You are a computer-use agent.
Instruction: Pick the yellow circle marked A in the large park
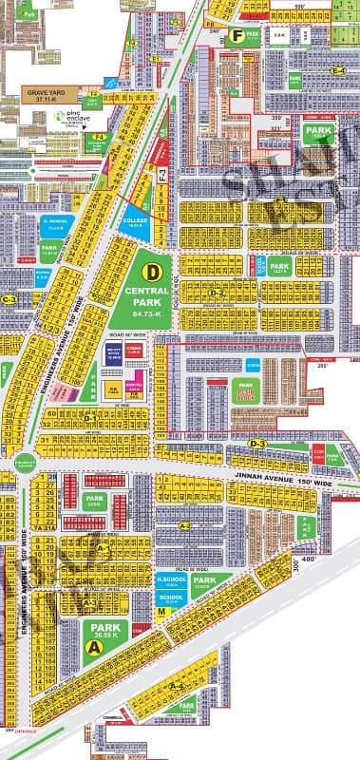[93, 646]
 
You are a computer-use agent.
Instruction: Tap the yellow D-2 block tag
[218, 293]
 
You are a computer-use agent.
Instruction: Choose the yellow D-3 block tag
[256, 444]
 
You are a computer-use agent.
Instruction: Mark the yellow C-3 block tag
[10, 299]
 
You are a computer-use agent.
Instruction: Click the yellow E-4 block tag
[337, 72]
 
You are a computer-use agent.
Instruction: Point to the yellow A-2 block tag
[186, 524]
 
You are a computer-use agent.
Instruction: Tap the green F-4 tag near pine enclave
[96, 136]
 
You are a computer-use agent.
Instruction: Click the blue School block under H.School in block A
[171, 598]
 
